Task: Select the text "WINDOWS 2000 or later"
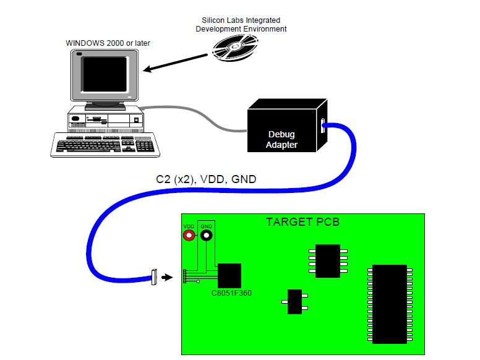click(x=108, y=43)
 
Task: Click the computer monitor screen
click(x=105, y=72)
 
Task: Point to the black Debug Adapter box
click(x=282, y=127)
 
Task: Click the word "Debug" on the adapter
click(x=281, y=134)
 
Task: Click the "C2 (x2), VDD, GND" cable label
click(x=206, y=179)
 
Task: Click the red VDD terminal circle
click(x=189, y=236)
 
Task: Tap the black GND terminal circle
click(x=206, y=236)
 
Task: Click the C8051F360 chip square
click(x=229, y=275)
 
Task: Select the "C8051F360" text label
click(x=229, y=293)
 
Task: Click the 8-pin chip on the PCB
click(x=328, y=260)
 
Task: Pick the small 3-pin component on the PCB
click(x=295, y=302)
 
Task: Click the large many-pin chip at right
click(x=390, y=304)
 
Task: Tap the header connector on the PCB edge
click(x=184, y=276)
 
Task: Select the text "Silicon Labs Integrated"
click(x=241, y=20)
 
